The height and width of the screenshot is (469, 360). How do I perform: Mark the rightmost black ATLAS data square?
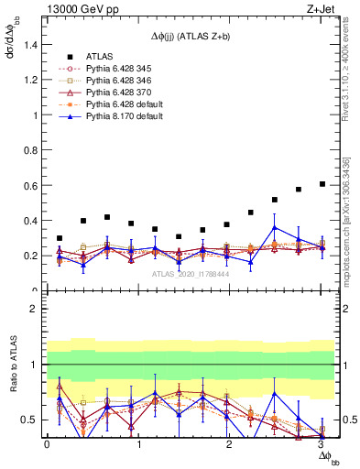322,184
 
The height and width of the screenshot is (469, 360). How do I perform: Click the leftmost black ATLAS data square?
60,238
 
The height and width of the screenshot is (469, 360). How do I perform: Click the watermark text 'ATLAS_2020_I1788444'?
183,273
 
